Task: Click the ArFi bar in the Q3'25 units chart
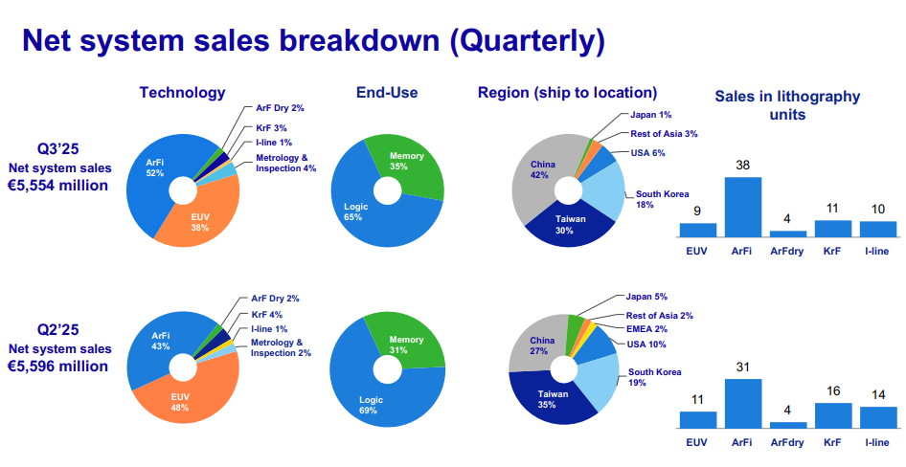pos(742,207)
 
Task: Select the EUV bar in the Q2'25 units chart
pos(698,420)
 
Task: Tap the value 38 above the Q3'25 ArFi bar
pos(742,166)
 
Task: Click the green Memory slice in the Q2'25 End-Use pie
pos(410,341)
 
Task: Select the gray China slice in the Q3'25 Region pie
pos(540,173)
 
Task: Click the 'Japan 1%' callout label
pos(650,115)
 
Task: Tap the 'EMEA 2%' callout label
pos(646,329)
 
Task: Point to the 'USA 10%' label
pos(646,345)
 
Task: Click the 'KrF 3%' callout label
pos(272,128)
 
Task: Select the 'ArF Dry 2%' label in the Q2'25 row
pos(275,299)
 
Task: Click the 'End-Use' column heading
pos(387,93)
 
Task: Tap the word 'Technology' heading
pos(182,93)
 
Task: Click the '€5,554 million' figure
pos(57,186)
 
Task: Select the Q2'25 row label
pos(57,329)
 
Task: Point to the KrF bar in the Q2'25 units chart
pos(833,415)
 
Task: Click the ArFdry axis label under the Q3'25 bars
pos(787,251)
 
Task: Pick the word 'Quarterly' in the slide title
pos(528,41)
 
